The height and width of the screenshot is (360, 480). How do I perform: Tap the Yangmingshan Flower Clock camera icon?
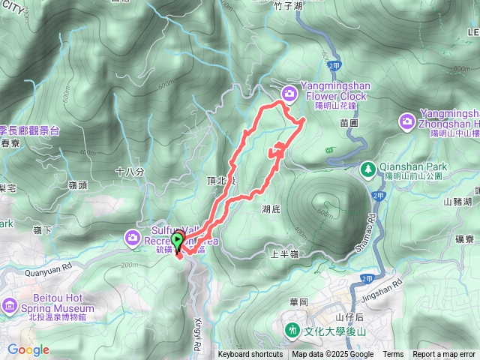pyautogui.click(x=289, y=92)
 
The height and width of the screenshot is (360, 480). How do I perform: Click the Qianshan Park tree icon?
pyautogui.click(x=368, y=168)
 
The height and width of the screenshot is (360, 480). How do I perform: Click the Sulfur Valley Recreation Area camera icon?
pyautogui.click(x=133, y=237)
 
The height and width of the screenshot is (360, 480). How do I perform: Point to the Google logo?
pyautogui.click(x=28, y=349)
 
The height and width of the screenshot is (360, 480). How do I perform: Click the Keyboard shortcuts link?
pyautogui.click(x=250, y=355)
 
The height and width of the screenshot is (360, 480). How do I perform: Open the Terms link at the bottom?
pyautogui.click(x=393, y=355)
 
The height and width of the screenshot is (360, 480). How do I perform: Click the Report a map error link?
pyautogui.click(x=445, y=355)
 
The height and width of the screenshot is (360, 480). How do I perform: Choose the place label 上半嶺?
pyautogui.click(x=284, y=254)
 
